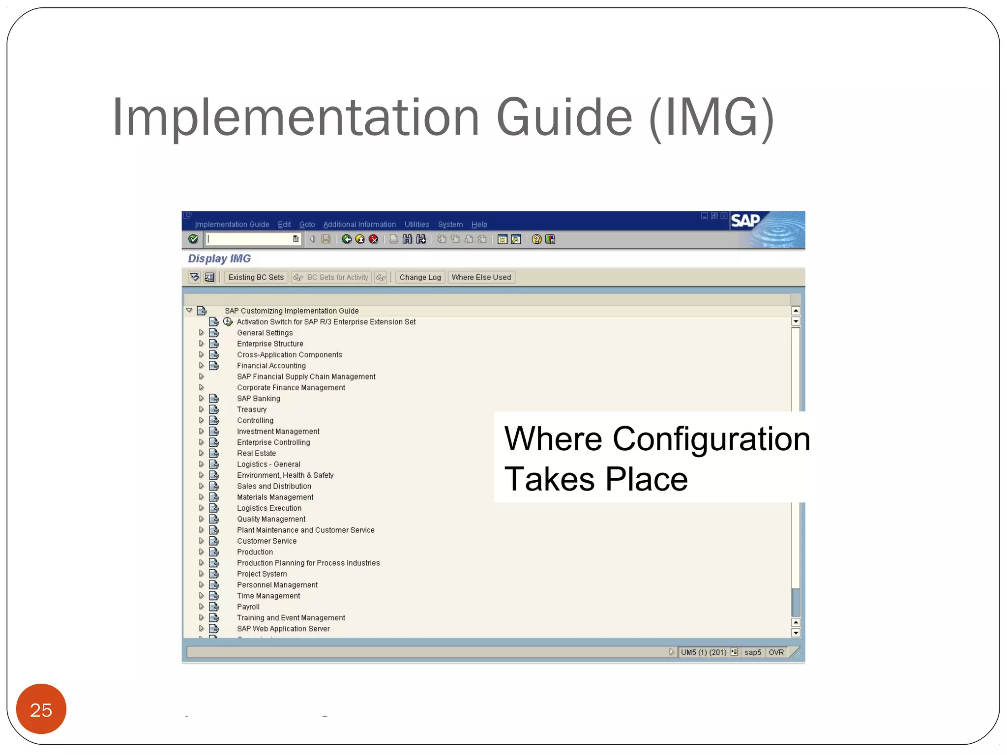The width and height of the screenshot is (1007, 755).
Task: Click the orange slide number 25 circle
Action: [x=41, y=709]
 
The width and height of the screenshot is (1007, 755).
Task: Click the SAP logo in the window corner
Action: [x=745, y=221]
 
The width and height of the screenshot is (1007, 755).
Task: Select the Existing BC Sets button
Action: [x=256, y=277]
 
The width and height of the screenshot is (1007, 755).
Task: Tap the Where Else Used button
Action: [x=481, y=277]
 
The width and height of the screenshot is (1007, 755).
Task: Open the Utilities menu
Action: [x=416, y=225]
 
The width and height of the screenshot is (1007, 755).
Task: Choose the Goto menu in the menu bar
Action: [x=307, y=225]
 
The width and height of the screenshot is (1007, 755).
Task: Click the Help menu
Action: [x=479, y=225]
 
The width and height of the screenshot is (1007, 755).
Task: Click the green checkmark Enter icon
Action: [x=193, y=239]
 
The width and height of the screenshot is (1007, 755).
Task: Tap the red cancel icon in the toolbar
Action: [x=374, y=239]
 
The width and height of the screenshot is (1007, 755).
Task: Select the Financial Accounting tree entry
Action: [x=271, y=366]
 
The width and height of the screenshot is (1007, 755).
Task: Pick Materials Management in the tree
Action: [x=275, y=497]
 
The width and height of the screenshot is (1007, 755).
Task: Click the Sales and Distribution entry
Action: [x=274, y=486]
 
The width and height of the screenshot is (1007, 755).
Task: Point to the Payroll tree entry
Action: [x=248, y=607]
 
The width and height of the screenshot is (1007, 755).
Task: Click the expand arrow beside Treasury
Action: [x=201, y=409]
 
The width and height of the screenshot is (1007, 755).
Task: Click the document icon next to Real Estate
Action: [x=214, y=453]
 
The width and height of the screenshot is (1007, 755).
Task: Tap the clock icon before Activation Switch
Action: [x=228, y=322]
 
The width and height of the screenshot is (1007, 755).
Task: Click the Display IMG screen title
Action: [x=219, y=259]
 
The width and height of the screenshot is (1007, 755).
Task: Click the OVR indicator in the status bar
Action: [x=776, y=652]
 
